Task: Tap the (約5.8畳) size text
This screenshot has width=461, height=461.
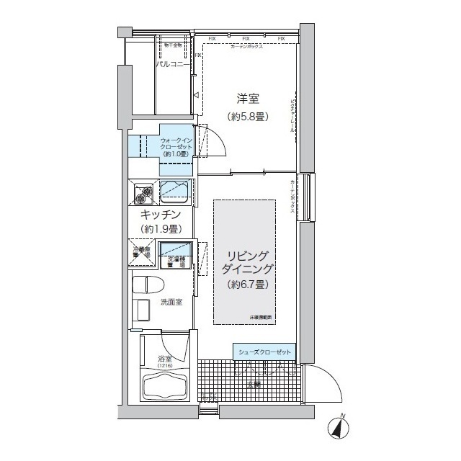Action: (x=249, y=115)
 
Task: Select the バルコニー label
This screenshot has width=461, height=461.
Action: (x=173, y=64)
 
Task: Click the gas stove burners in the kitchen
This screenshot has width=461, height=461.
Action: (x=142, y=192)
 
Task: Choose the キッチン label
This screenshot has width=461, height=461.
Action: (x=160, y=215)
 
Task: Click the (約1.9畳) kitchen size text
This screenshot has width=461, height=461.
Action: (x=160, y=229)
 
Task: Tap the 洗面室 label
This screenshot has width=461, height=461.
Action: (x=171, y=302)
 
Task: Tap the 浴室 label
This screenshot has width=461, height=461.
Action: (x=165, y=358)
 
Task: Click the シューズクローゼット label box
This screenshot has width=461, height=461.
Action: (x=264, y=352)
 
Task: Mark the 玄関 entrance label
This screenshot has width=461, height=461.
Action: (x=254, y=385)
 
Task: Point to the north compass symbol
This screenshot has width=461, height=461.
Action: (x=339, y=426)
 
